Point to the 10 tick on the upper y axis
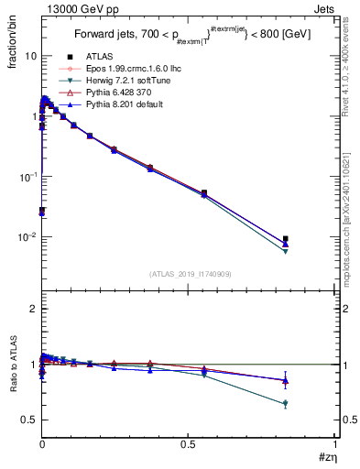(30, 56)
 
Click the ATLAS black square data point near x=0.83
(286, 239)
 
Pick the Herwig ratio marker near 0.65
(286, 403)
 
